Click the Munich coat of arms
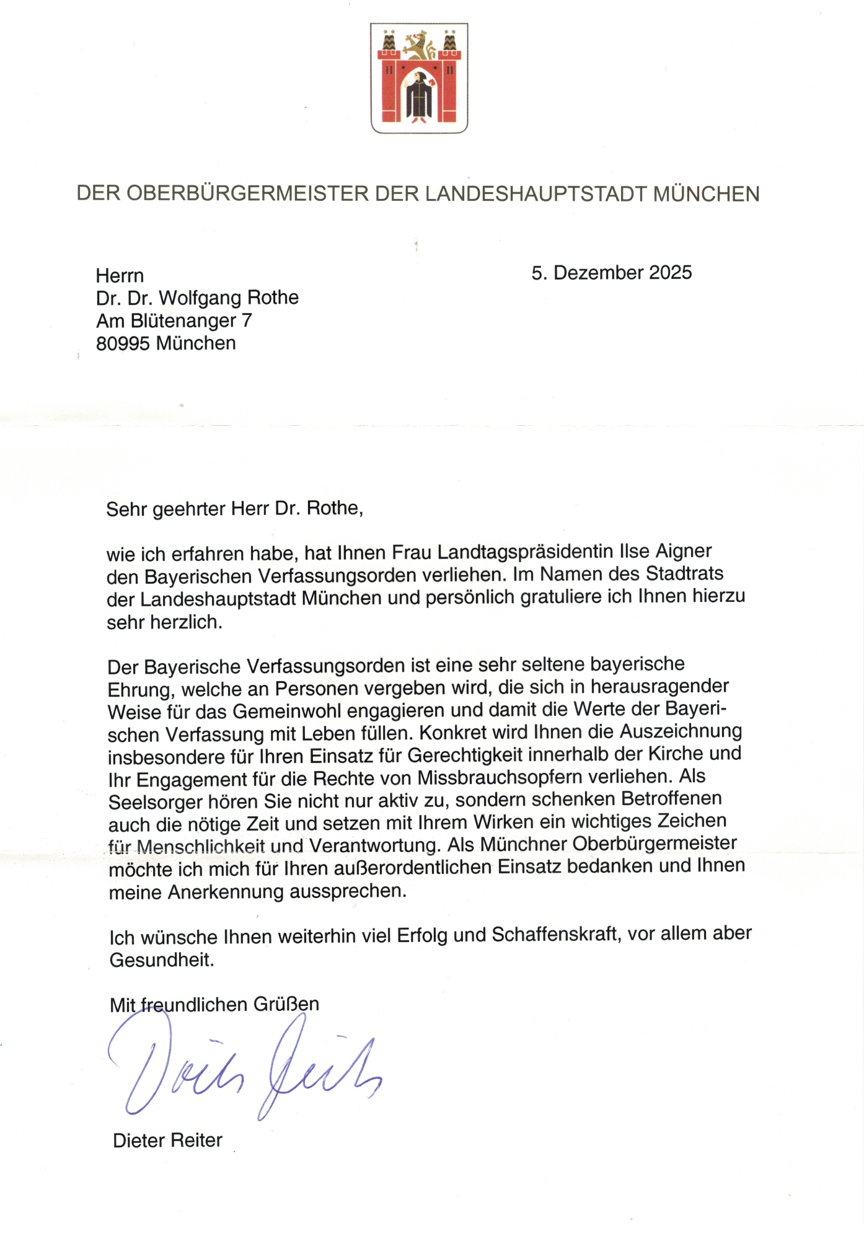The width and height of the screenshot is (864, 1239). pyautogui.click(x=419, y=78)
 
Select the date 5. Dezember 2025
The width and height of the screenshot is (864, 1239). pyautogui.click(x=611, y=273)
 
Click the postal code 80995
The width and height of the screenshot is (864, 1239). pyautogui.click(x=123, y=343)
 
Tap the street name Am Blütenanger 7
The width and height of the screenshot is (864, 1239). pyautogui.click(x=174, y=320)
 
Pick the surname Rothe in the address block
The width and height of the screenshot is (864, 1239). pyautogui.click(x=273, y=298)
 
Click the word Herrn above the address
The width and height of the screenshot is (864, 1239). pyautogui.click(x=120, y=276)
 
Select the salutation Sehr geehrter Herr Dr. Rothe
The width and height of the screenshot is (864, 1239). pyautogui.click(x=234, y=509)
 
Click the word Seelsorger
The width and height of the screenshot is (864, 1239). pyautogui.click(x=155, y=803)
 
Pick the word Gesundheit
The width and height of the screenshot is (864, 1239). pyautogui.click(x=162, y=960)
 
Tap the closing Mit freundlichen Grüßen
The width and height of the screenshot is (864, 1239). pyautogui.click(x=214, y=1005)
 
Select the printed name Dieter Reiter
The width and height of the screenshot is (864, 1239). pyautogui.click(x=167, y=1140)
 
